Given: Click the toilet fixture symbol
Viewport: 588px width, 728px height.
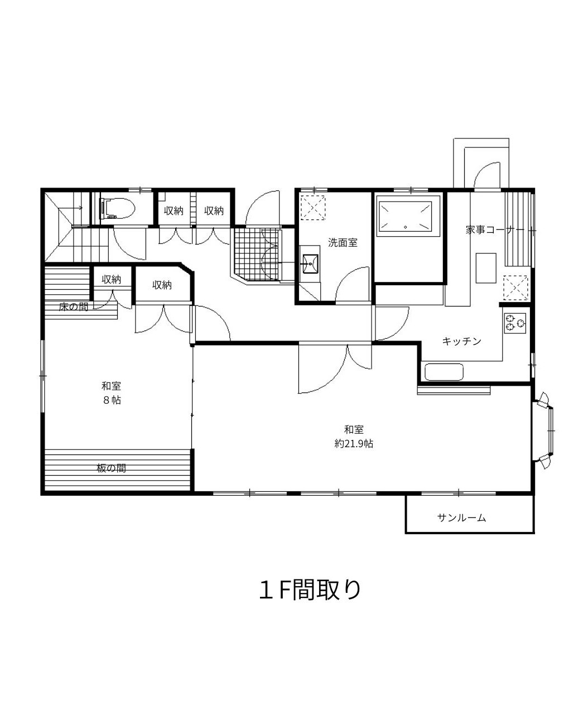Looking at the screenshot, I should coord(118,209).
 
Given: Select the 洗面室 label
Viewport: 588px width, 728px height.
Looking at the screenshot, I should coord(343,243).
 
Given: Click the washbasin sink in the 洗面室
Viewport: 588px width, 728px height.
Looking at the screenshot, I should coord(311,263).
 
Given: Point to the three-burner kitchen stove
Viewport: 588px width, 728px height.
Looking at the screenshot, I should coord(515,323).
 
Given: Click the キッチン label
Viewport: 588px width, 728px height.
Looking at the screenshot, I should coord(461,341).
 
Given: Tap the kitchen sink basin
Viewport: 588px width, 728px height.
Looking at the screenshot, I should coord(444,372).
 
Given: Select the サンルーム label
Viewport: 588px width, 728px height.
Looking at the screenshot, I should coord(462,518).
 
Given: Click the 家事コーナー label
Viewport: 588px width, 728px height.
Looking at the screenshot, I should coord(495,229).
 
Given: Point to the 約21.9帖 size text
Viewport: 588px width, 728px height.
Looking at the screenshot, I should coord(354,444).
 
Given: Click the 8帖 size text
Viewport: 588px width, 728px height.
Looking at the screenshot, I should coord(112,400).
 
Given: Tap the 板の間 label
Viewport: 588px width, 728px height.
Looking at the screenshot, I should coord(112,468).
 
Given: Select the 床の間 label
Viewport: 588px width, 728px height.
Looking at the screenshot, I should coord(74,306).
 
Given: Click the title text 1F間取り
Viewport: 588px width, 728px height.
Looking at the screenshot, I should coord(310,590).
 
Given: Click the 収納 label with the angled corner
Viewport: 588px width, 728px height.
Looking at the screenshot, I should coord(162,285).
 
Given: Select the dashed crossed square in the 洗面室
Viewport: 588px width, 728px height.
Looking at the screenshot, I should coord(313,208).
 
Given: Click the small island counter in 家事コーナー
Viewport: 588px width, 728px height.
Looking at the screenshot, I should coord(485,268).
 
